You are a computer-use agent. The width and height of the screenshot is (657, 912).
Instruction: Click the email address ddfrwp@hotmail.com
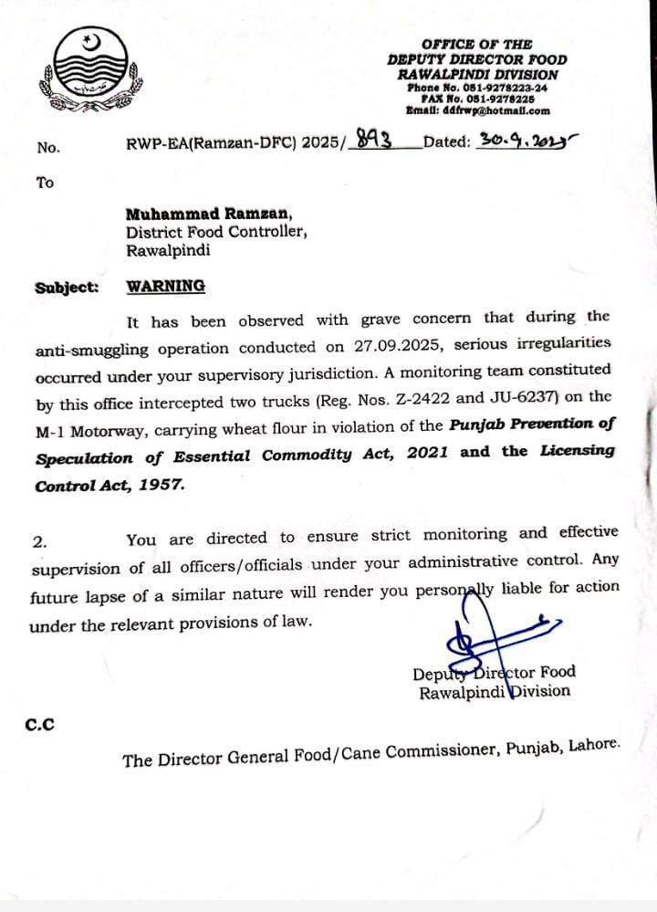pos(505,110)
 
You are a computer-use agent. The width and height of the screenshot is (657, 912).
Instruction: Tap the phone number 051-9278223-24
pos(495,88)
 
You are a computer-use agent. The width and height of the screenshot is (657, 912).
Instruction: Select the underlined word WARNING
pos(166,286)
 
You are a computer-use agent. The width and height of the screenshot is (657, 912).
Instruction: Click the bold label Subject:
pos(67,288)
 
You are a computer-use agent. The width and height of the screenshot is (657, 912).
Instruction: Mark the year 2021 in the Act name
pos(428,454)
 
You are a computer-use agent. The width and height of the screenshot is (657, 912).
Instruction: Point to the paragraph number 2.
pos(39,541)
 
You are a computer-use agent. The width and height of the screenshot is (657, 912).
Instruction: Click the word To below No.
pos(45,183)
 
